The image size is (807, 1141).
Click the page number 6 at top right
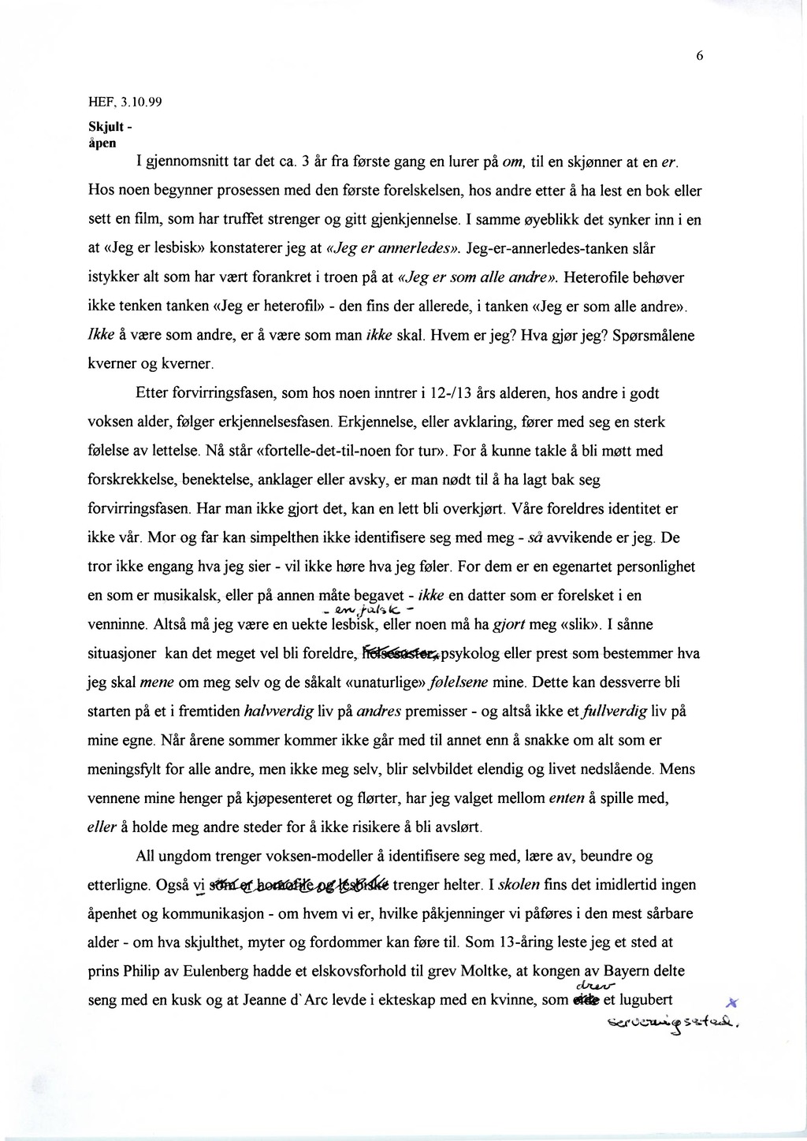(699, 55)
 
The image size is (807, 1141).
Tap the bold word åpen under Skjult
(102, 143)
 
